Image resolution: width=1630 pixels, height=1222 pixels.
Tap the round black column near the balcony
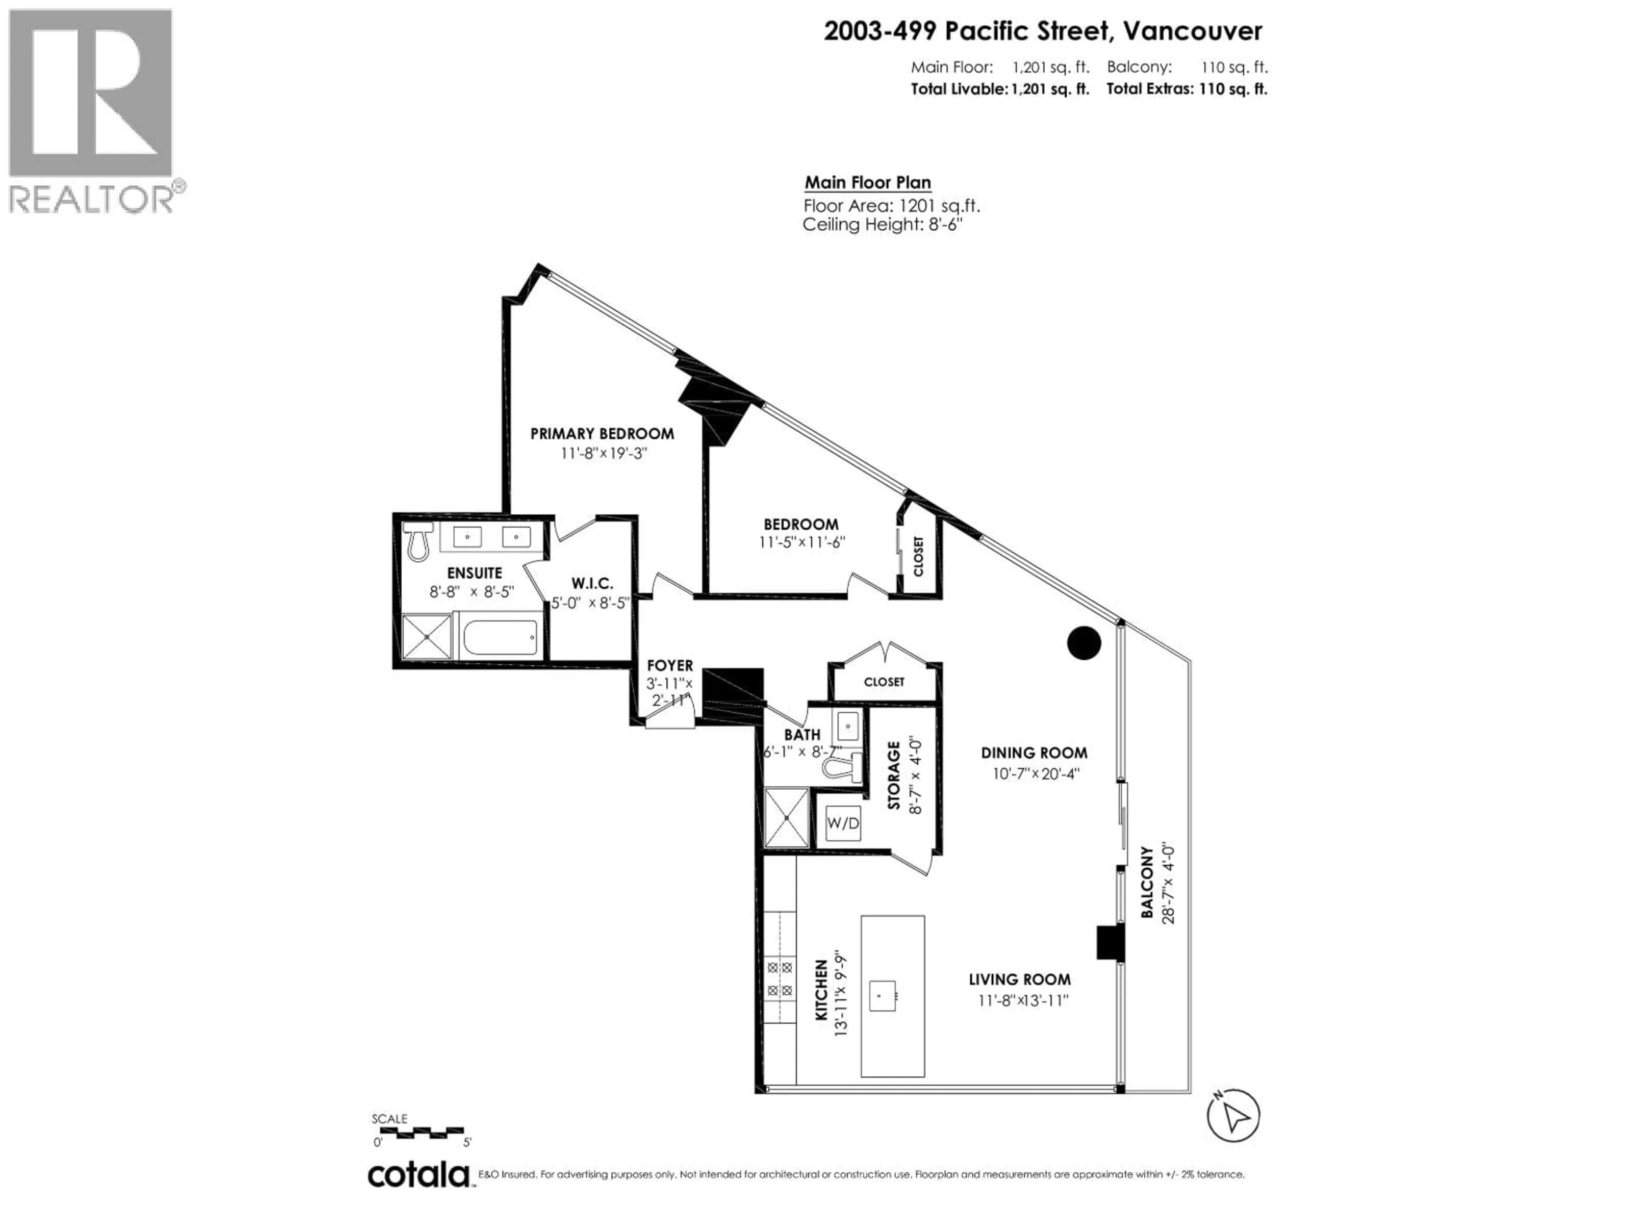click(x=1084, y=643)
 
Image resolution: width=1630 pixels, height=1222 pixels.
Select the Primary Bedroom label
click(x=602, y=434)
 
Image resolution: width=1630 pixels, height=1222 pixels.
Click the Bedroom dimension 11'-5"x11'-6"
click(x=802, y=543)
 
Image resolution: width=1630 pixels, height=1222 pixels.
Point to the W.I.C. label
click(x=592, y=583)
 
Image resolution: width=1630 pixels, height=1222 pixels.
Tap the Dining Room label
click(x=1034, y=753)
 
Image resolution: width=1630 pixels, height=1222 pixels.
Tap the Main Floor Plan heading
click(x=867, y=183)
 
